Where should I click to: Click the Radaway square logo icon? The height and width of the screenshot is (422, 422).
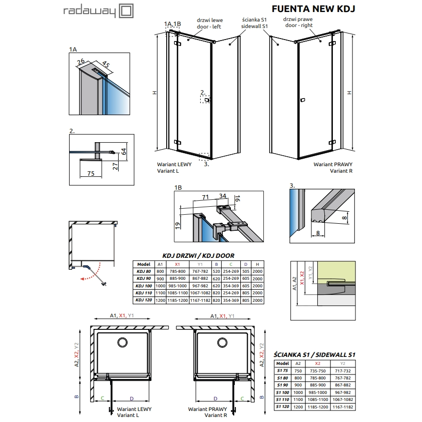(126, 11)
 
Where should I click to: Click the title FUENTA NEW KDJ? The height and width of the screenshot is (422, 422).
(313, 9)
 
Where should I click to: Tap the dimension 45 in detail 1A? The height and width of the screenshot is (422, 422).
(106, 64)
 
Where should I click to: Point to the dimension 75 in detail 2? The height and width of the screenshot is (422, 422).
(91, 173)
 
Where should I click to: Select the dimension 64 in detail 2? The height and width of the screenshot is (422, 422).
(124, 151)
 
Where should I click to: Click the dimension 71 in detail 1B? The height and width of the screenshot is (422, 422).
(205, 197)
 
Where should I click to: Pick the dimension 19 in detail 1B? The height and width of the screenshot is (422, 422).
(177, 226)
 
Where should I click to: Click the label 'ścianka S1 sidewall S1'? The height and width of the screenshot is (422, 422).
(254, 23)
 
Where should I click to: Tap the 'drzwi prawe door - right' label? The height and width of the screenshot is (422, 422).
(298, 22)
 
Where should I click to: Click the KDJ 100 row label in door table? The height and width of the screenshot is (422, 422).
(144, 286)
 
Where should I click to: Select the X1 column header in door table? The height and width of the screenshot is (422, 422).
(177, 264)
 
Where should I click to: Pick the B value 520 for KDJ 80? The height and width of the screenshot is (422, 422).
(216, 271)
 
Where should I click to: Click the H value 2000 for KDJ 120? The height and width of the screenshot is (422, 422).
(257, 300)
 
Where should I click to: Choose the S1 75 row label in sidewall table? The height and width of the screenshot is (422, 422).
(282, 370)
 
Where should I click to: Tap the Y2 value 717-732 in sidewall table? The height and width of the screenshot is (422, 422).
(342, 371)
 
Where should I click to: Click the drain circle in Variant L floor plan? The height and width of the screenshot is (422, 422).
(123, 342)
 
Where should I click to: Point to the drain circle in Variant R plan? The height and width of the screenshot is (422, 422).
(222, 342)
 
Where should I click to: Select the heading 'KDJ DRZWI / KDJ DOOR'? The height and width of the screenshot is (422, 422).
(198, 256)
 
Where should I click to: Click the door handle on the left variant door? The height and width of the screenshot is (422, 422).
(207, 100)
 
